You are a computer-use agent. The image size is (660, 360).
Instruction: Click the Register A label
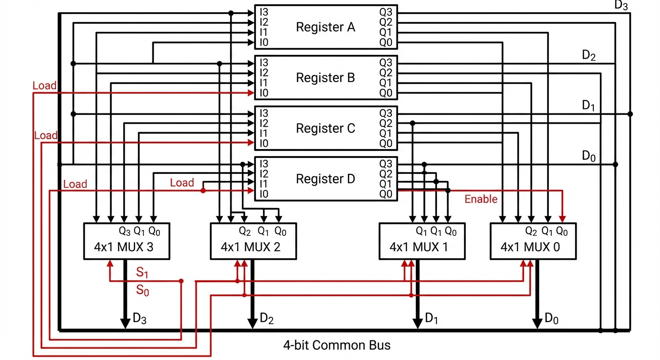(325, 27)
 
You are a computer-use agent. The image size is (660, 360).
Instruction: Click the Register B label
(325, 77)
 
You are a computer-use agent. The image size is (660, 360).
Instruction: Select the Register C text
(325, 128)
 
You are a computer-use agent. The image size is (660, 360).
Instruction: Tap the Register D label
(325, 179)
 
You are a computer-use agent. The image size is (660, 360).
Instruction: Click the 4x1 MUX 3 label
(124, 247)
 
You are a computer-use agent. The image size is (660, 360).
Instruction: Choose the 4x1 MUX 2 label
(251, 247)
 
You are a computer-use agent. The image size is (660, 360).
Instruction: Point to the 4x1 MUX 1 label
(419, 247)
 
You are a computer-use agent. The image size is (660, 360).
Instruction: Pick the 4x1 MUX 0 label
(530, 247)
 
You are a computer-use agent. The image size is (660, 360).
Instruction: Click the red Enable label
(481, 199)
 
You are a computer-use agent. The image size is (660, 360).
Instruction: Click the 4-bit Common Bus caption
(337, 346)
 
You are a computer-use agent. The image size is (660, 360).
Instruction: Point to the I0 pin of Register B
(264, 93)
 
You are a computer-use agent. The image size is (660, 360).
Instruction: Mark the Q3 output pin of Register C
(385, 113)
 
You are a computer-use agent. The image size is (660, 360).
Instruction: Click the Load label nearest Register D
(182, 183)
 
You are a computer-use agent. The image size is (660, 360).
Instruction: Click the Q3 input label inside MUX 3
(125, 231)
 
